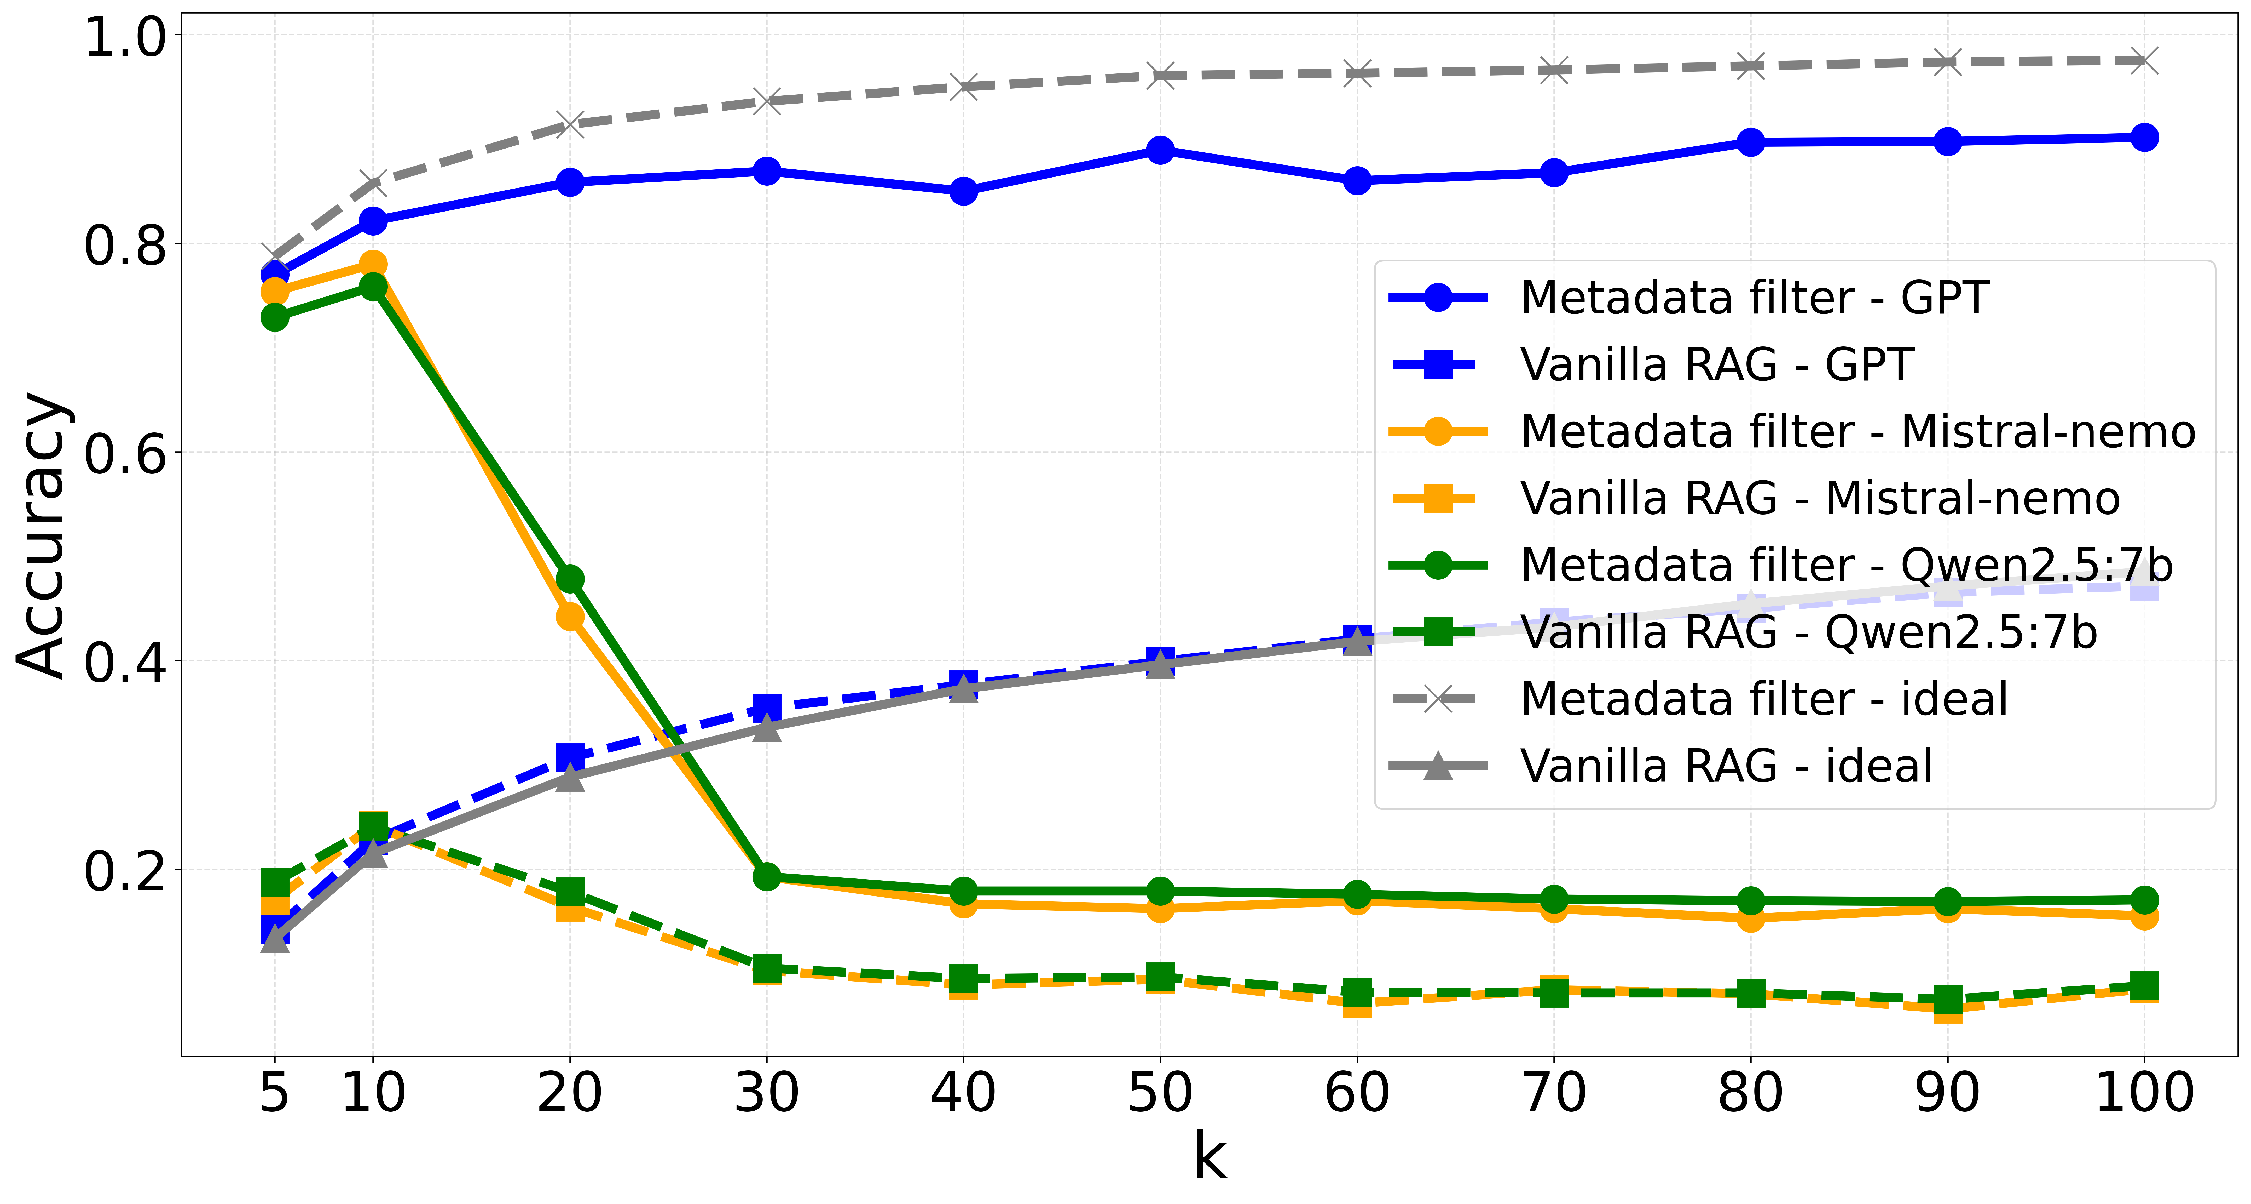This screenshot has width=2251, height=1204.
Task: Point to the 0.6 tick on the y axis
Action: (x=125, y=453)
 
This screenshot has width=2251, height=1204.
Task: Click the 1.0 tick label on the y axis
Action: (x=125, y=37)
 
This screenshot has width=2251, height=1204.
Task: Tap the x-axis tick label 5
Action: (x=274, y=1093)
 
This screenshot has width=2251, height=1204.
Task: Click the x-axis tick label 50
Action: (x=1160, y=1093)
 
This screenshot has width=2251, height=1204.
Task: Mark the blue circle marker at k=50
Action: (x=1160, y=150)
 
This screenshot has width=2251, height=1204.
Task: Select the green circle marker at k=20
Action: (x=570, y=579)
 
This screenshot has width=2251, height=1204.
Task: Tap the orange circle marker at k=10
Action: (x=373, y=264)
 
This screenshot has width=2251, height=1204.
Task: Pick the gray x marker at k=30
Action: (x=766, y=101)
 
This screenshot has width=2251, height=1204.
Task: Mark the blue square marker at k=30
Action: (x=766, y=706)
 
